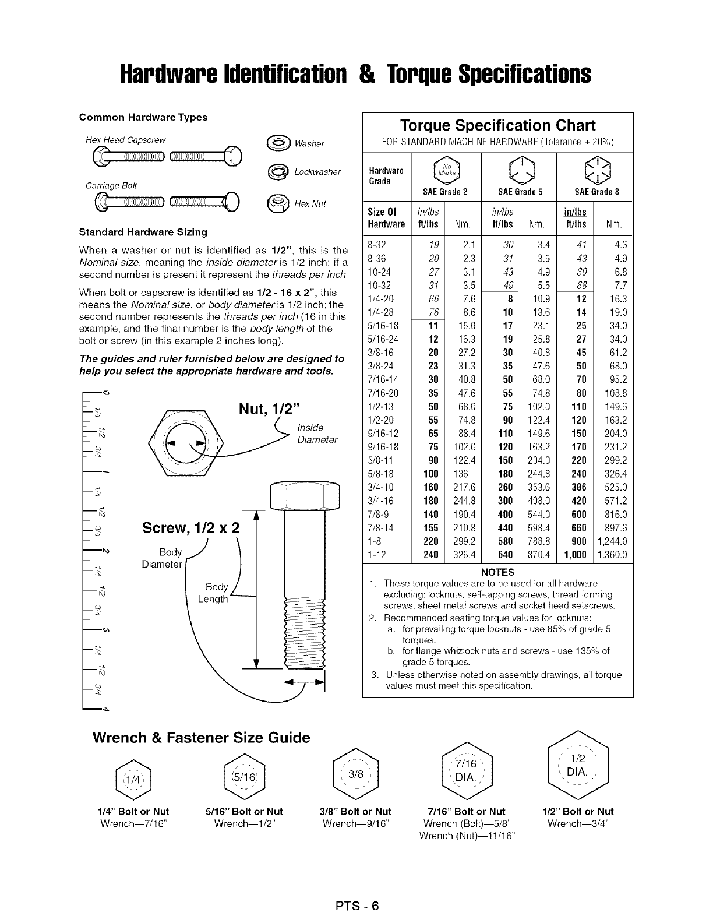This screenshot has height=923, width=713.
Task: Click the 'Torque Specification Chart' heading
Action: coord(497,126)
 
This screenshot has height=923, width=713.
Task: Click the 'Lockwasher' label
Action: coord(317,172)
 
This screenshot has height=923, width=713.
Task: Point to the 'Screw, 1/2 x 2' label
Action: coord(191,529)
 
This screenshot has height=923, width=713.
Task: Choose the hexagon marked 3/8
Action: coord(356,774)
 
